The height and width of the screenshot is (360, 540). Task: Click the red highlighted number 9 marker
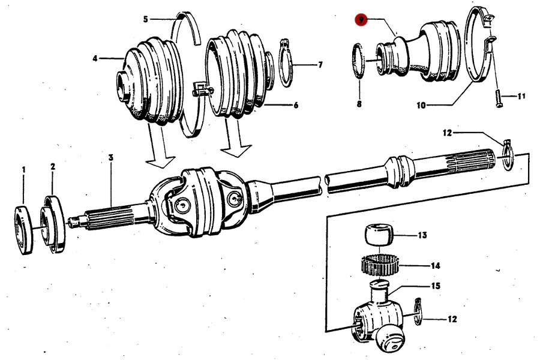click(360, 19)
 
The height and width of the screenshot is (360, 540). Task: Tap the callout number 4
click(95, 58)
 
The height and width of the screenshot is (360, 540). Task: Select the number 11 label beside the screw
click(521, 96)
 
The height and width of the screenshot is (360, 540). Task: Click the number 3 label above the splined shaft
click(111, 157)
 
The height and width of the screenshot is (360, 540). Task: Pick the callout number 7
click(320, 64)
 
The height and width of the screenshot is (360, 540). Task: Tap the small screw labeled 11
click(497, 95)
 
